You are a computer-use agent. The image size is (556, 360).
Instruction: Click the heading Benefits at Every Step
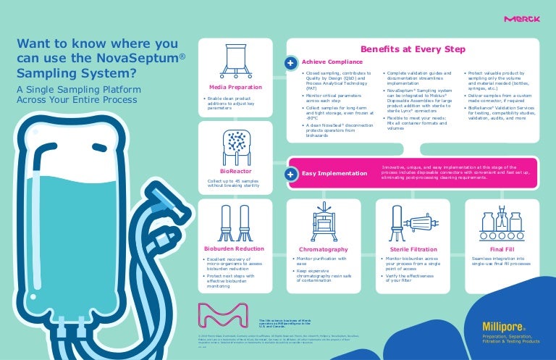tap(413, 49)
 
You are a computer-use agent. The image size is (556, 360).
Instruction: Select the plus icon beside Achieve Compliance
tap(291, 62)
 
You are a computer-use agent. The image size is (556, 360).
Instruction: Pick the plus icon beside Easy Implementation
tap(291, 174)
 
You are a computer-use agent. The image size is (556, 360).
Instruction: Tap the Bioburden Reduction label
tap(233, 248)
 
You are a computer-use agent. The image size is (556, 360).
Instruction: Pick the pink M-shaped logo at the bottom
tap(222, 316)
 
